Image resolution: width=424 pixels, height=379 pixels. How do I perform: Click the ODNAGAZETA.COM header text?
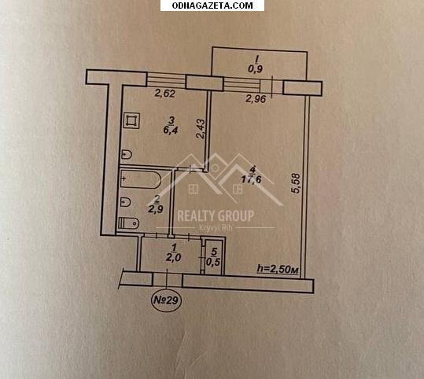click(212, 6)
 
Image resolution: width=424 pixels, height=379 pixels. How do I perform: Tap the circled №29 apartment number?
click(166, 300)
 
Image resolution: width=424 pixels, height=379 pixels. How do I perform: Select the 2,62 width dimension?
click(164, 94)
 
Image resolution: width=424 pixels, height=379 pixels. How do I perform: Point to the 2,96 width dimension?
click(256, 99)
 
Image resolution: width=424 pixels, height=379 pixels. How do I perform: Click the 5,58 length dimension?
click(296, 183)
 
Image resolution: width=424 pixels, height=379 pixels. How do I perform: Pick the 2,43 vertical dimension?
click(201, 129)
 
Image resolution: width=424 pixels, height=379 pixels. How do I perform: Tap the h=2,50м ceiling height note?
click(278, 269)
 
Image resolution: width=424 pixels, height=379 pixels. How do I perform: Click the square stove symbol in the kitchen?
click(131, 120)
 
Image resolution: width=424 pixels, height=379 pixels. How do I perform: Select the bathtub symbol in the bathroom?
click(140, 178)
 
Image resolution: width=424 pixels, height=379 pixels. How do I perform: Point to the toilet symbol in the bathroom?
click(129, 223)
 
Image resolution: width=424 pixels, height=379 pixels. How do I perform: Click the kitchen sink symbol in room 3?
click(126, 155)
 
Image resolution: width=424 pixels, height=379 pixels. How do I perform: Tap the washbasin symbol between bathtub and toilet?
click(126, 202)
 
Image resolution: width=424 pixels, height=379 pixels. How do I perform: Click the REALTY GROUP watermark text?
click(216, 215)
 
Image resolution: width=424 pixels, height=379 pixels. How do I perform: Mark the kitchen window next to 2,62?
click(166, 79)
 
